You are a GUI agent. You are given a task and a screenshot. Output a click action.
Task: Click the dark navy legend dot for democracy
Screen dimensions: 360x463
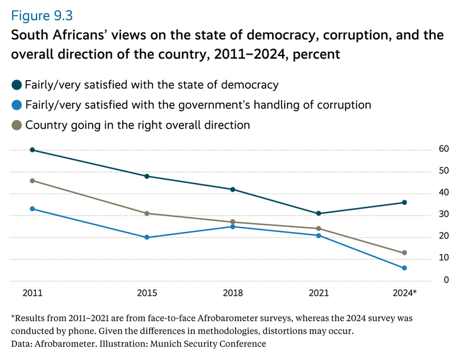coord(16,84)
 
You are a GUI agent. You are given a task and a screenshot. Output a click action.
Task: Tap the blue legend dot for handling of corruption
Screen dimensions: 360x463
coord(16,105)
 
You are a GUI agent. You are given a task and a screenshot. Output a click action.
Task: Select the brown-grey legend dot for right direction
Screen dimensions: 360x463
coord(16,125)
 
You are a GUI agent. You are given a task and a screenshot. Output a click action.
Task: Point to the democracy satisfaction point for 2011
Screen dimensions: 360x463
coord(32,150)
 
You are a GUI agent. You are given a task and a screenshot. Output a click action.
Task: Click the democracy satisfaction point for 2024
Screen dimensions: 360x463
coord(404,202)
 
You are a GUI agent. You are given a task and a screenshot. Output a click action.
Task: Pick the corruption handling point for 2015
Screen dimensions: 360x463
coord(147,237)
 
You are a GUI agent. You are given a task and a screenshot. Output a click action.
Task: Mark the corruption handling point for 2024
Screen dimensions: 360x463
coord(404,268)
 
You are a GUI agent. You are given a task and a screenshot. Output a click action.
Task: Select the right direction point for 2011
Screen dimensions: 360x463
coord(32,180)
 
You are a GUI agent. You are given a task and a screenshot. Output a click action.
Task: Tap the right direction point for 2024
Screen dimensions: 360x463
coord(404,253)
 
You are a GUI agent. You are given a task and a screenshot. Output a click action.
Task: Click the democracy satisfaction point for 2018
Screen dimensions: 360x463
coord(232,189)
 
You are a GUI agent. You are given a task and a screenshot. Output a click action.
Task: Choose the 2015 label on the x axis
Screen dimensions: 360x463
coord(147,294)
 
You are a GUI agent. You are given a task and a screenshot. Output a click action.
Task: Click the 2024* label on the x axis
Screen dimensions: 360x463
coord(404,294)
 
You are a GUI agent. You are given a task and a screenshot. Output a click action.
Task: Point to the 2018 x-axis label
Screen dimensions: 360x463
coord(232,294)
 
